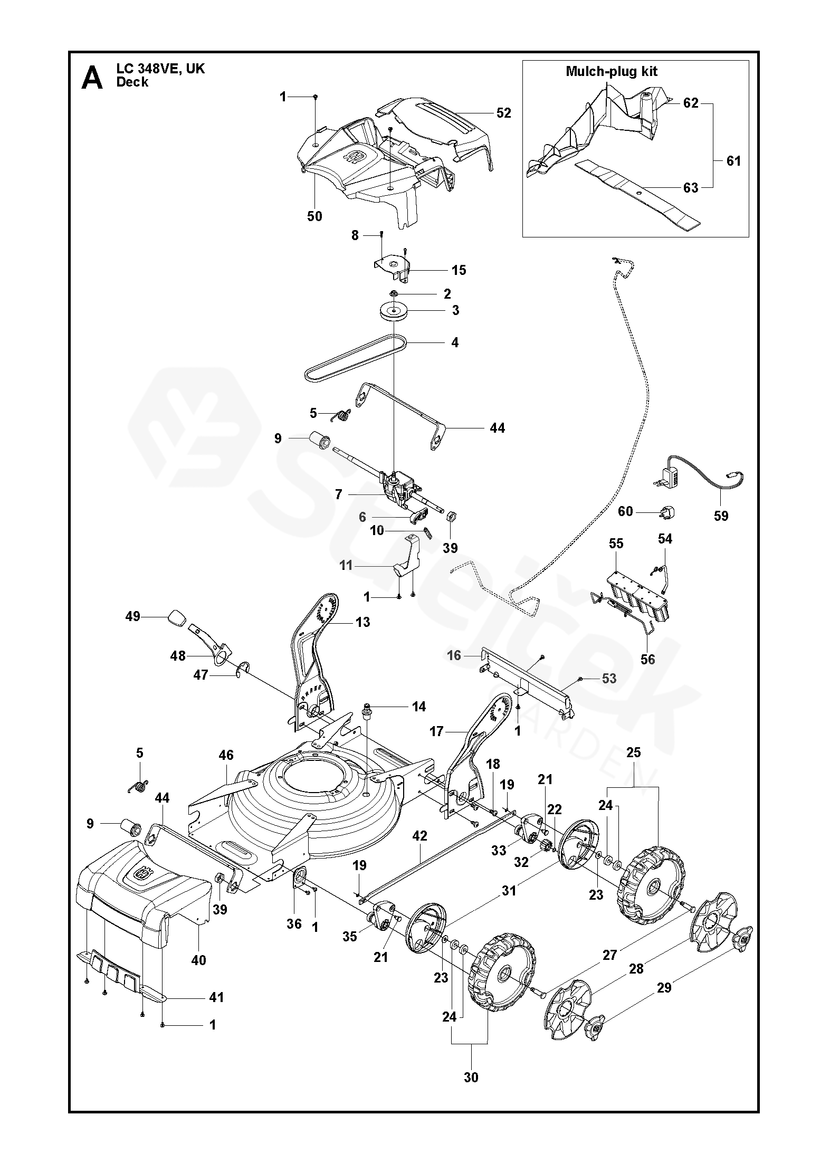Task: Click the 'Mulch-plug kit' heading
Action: [x=612, y=71]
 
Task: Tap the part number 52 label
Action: [x=504, y=113]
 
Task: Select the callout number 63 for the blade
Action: [x=691, y=188]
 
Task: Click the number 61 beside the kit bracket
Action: [x=734, y=160]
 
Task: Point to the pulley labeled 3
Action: [x=393, y=311]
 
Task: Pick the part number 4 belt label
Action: [x=455, y=342]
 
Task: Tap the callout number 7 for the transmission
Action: [x=339, y=494]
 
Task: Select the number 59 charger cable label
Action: [x=721, y=516]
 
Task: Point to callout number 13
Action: [x=363, y=622]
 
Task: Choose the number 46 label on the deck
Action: [x=226, y=755]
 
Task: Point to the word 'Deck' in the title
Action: [x=132, y=82]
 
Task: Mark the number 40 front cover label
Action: [x=198, y=960]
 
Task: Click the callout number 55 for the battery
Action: [x=616, y=543]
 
